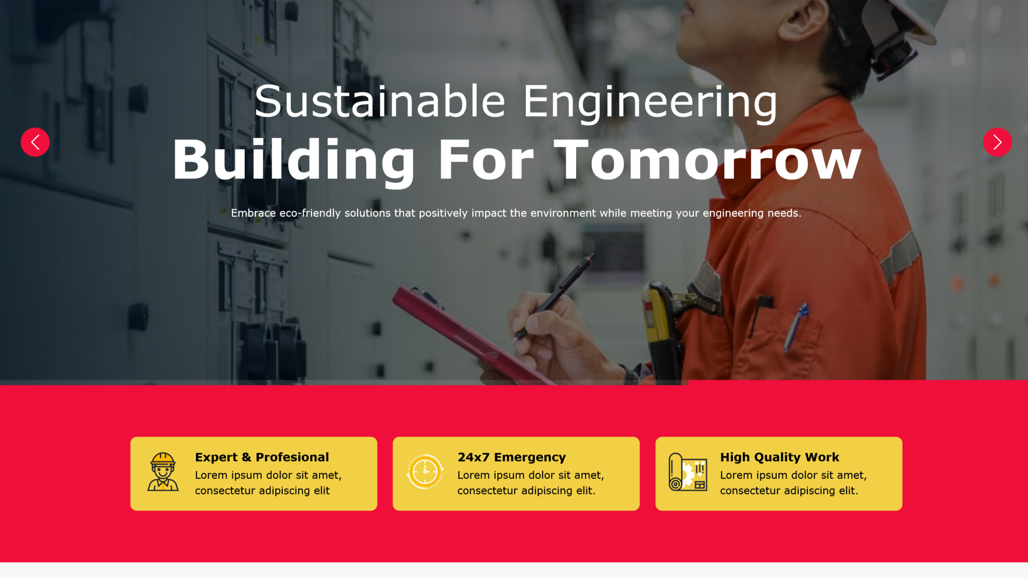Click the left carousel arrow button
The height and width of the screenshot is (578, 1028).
pyautogui.click(x=35, y=142)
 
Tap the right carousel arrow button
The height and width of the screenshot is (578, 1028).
pyautogui.click(x=997, y=142)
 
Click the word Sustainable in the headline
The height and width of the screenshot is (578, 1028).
pyautogui.click(x=380, y=101)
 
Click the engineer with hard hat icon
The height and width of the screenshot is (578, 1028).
pyautogui.click(x=163, y=471)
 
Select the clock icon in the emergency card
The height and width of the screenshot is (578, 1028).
pyautogui.click(x=425, y=471)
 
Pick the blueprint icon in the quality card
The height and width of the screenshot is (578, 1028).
pyautogui.click(x=688, y=472)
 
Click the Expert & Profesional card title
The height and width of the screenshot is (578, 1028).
pyautogui.click(x=262, y=457)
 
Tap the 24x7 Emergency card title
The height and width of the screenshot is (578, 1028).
pyautogui.click(x=511, y=458)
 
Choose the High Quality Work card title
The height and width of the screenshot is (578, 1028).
pyautogui.click(x=780, y=458)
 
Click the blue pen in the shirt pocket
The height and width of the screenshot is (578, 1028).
pyautogui.click(x=796, y=326)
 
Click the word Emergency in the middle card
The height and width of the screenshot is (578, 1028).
pyautogui.click(x=530, y=458)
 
